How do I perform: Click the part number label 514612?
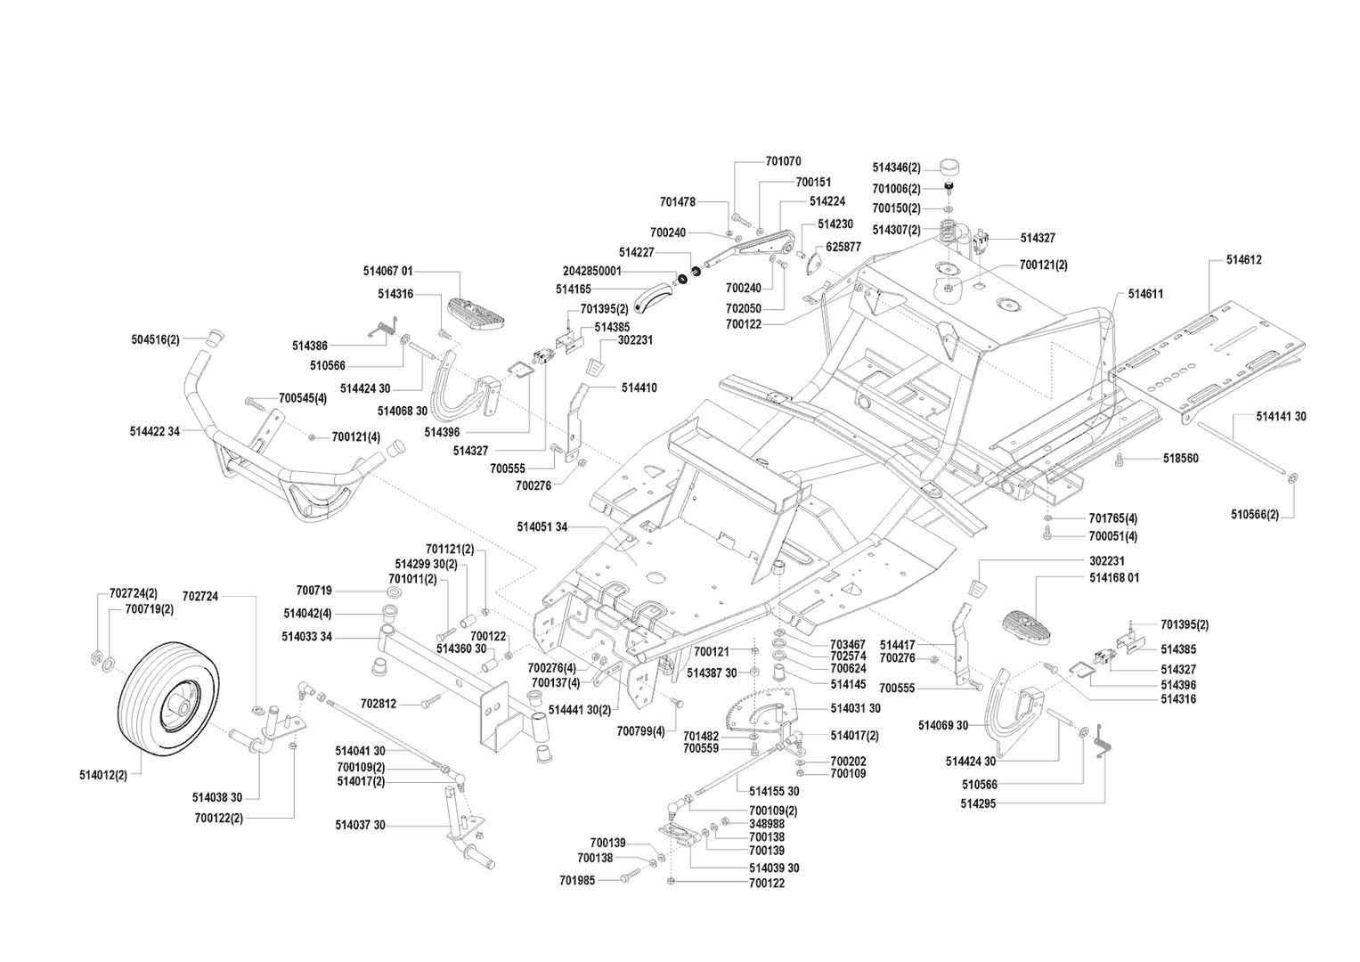pyautogui.click(x=1243, y=260)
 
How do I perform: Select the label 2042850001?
pyautogui.click(x=592, y=271)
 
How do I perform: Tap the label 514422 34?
pyautogui.click(x=154, y=431)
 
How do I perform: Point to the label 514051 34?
pyautogui.click(x=542, y=526)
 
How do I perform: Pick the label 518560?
pyautogui.click(x=1180, y=458)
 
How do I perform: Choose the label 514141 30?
pyautogui.click(x=1281, y=416)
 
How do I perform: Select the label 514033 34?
pyautogui.click(x=306, y=636)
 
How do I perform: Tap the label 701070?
pyautogui.click(x=783, y=161)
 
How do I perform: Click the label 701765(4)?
pyautogui.click(x=1112, y=518)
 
